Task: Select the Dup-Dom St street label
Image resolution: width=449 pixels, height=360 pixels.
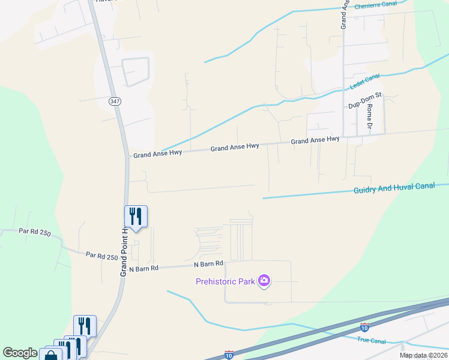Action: point(365,105)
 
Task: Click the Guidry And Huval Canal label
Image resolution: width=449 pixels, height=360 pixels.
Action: point(394,188)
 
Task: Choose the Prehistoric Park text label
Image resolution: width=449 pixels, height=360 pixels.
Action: point(224,281)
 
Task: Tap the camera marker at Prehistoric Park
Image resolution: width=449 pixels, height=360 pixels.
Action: point(264,280)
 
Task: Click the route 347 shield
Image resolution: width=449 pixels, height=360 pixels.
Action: point(115,101)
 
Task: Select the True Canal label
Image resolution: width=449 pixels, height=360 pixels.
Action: point(371,341)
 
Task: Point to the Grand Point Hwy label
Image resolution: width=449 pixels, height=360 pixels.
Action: point(124,251)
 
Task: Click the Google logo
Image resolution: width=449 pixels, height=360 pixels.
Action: point(20,353)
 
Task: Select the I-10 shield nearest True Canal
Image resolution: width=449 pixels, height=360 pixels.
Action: point(365,327)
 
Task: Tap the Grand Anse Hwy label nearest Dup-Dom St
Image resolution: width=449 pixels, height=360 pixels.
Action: point(315,140)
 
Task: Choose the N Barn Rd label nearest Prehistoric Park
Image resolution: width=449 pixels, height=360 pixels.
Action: point(208,264)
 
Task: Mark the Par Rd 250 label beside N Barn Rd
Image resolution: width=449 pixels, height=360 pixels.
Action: point(101,256)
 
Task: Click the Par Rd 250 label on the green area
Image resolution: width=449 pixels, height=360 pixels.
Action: point(34,231)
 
